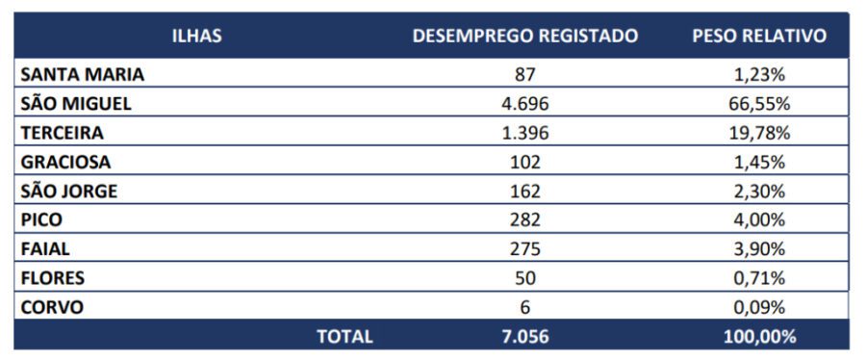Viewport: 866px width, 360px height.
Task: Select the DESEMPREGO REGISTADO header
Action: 525,36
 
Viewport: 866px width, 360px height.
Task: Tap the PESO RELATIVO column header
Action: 759,36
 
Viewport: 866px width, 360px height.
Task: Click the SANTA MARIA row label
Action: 83,74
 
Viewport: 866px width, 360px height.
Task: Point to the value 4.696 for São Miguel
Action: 524,103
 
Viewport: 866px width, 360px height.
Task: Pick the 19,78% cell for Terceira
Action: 759,133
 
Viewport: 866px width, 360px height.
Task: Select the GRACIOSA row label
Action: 65,162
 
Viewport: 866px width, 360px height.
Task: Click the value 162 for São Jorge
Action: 524,191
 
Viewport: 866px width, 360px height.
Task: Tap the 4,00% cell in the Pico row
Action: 759,219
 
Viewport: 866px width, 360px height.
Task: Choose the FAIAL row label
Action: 45,249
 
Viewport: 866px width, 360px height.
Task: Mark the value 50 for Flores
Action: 524,278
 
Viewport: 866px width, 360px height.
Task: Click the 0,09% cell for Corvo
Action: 759,307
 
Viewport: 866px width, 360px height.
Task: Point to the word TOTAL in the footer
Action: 344,336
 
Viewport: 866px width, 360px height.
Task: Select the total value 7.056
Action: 524,336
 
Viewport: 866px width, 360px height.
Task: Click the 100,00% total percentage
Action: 759,336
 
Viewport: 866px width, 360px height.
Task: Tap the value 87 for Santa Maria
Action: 524,74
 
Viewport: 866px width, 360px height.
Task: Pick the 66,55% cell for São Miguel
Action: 759,103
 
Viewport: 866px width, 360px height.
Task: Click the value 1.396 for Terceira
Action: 524,133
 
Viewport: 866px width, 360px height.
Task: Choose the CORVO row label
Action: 52,307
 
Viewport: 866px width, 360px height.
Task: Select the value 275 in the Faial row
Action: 524,249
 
